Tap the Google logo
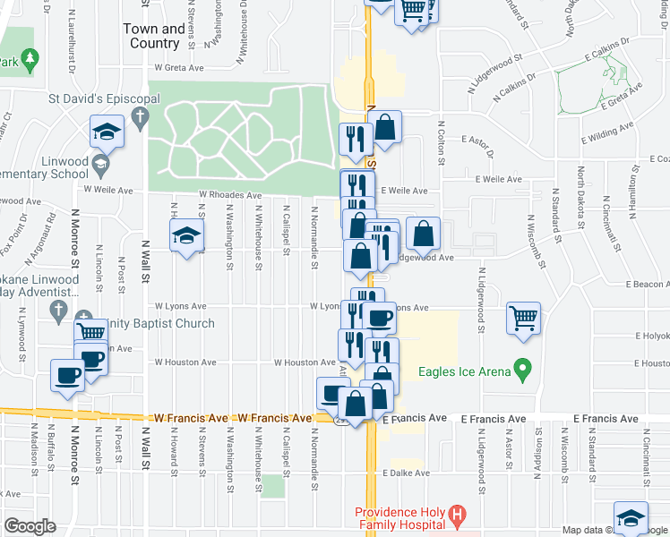(29, 526)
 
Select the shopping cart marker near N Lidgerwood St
(524, 318)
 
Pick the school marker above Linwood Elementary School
(107, 132)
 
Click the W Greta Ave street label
(179, 67)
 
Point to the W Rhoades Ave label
(230, 194)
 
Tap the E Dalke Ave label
(407, 473)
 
